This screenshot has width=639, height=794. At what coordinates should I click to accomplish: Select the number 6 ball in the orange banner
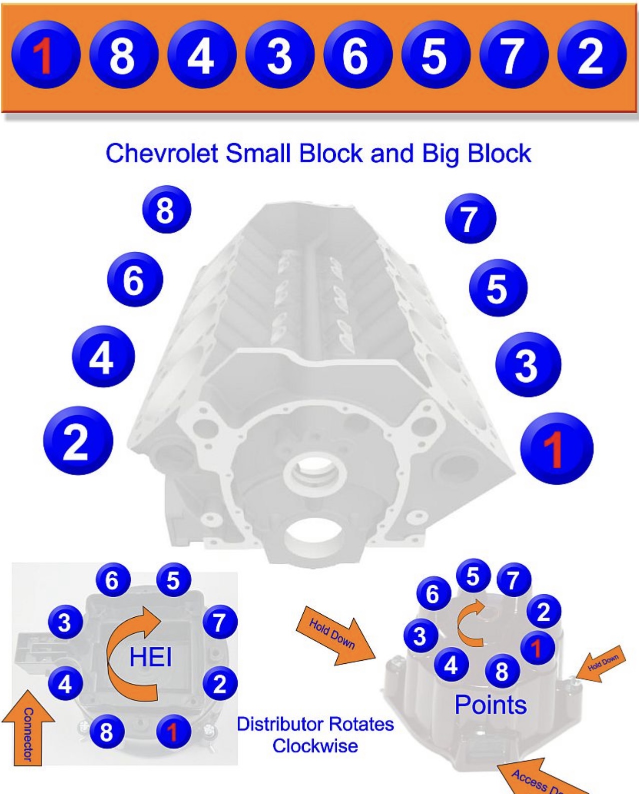coord(356,55)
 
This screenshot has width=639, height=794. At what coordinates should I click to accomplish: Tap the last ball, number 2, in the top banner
coord(591,55)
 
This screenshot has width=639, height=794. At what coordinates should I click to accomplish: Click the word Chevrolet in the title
coord(162,153)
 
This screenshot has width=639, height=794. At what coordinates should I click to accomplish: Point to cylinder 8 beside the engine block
coord(166,210)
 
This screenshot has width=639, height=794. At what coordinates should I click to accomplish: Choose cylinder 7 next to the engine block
coord(470,219)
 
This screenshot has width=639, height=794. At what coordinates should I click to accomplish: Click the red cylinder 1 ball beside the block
coord(556,448)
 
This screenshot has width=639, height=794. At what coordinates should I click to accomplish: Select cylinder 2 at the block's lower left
coord(78,441)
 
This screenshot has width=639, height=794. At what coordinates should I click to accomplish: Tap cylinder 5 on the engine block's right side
coord(497,288)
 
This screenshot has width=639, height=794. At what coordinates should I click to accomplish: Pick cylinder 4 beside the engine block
coord(103,356)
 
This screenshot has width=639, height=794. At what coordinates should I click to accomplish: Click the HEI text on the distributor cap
coord(150,657)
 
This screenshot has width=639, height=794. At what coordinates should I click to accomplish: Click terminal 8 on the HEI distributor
coord(107,732)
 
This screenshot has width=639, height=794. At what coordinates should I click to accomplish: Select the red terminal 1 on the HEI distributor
coord(173,732)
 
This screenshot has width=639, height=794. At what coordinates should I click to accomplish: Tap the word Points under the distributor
coord(490,705)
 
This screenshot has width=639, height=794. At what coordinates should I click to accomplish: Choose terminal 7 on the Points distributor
coord(513,580)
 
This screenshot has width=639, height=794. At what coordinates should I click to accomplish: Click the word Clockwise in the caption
coord(315,746)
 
